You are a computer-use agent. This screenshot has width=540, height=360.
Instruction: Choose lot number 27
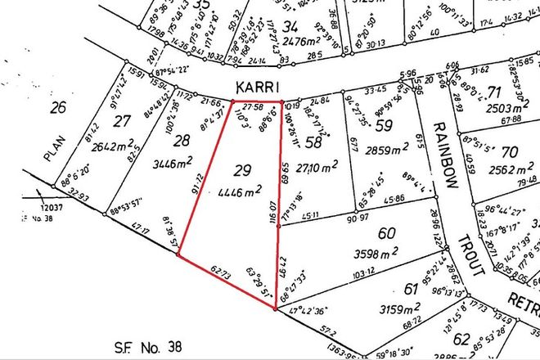click(x=123, y=123)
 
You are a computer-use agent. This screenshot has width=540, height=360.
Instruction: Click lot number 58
click(x=313, y=142)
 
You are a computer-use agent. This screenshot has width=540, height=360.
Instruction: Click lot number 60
click(x=388, y=232)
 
